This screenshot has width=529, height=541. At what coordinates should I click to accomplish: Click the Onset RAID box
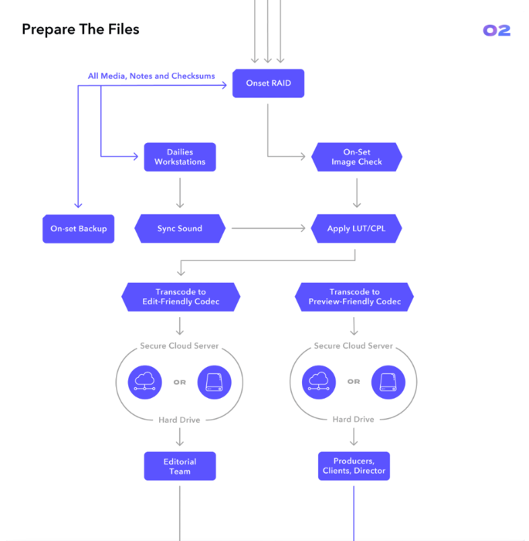click(x=268, y=83)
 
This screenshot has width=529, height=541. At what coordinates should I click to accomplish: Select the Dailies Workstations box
click(x=180, y=157)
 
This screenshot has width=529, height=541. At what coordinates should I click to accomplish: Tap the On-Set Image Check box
click(x=355, y=157)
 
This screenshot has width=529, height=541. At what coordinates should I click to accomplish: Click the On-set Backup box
click(x=78, y=229)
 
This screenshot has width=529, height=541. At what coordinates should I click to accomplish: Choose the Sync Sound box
click(x=180, y=229)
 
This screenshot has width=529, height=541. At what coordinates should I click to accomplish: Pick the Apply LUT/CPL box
click(x=355, y=229)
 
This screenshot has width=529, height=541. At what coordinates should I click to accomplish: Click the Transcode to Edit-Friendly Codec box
click(x=181, y=297)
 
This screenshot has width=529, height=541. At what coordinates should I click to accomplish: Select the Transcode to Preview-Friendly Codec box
click(x=354, y=297)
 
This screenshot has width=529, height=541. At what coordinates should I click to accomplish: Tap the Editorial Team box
click(x=180, y=466)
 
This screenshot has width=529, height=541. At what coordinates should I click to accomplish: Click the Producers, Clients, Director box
click(x=354, y=466)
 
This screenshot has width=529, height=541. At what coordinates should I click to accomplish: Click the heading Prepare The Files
click(x=80, y=30)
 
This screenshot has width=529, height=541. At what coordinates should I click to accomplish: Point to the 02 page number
click(x=497, y=31)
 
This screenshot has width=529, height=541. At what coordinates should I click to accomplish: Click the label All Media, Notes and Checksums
click(x=151, y=76)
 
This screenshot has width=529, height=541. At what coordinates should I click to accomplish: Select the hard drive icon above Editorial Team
click(x=214, y=382)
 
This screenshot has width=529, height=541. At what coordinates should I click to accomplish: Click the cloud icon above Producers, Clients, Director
click(x=319, y=382)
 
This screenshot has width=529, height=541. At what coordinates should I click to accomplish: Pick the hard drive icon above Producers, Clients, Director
click(x=388, y=382)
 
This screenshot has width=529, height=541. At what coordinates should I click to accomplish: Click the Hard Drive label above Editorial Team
click(x=179, y=420)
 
